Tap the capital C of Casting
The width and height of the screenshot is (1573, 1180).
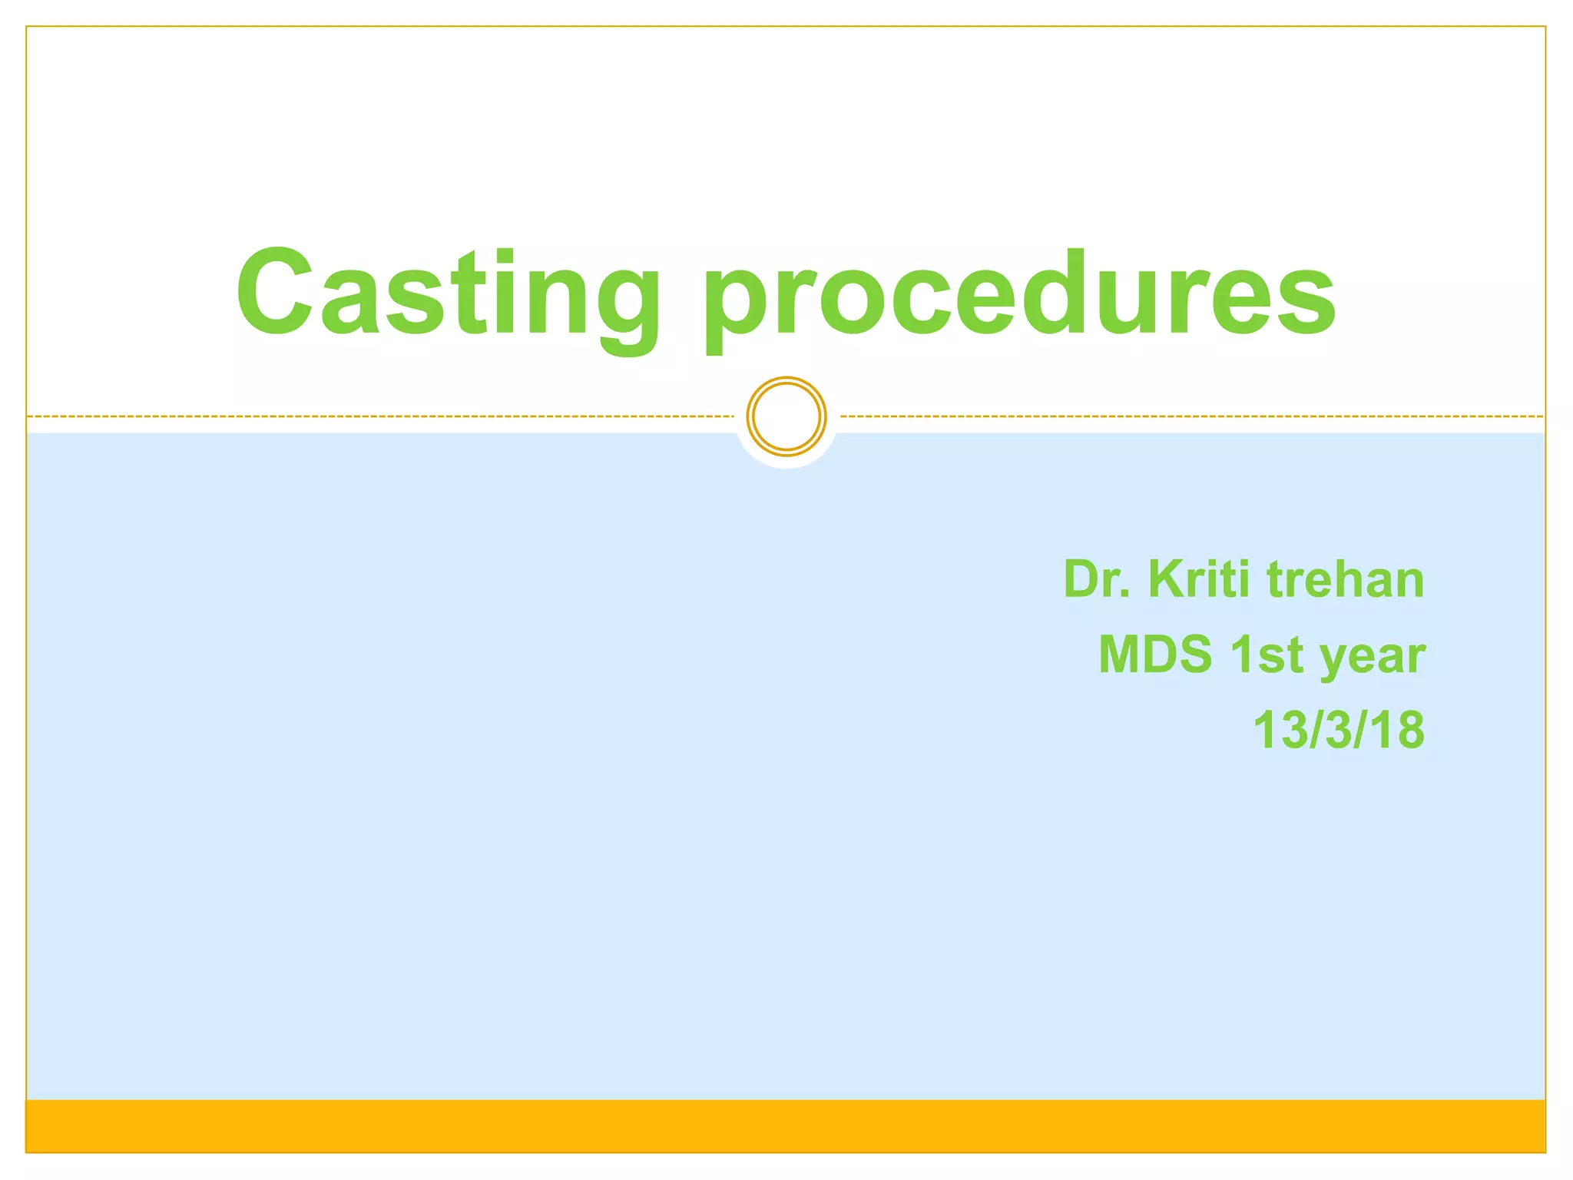click(x=274, y=292)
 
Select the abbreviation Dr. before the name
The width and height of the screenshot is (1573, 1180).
click(x=1097, y=579)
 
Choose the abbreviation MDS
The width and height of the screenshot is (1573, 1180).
click(x=1155, y=655)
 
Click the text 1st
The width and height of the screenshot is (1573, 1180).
click(x=1267, y=655)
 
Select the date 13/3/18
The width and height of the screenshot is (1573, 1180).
click(x=1339, y=730)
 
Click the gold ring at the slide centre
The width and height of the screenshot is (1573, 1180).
click(x=786, y=416)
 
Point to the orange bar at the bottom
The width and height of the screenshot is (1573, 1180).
click(x=786, y=1126)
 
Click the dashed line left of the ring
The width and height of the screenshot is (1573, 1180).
click(x=384, y=416)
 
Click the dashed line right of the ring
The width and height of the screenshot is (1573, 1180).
click(x=1191, y=416)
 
